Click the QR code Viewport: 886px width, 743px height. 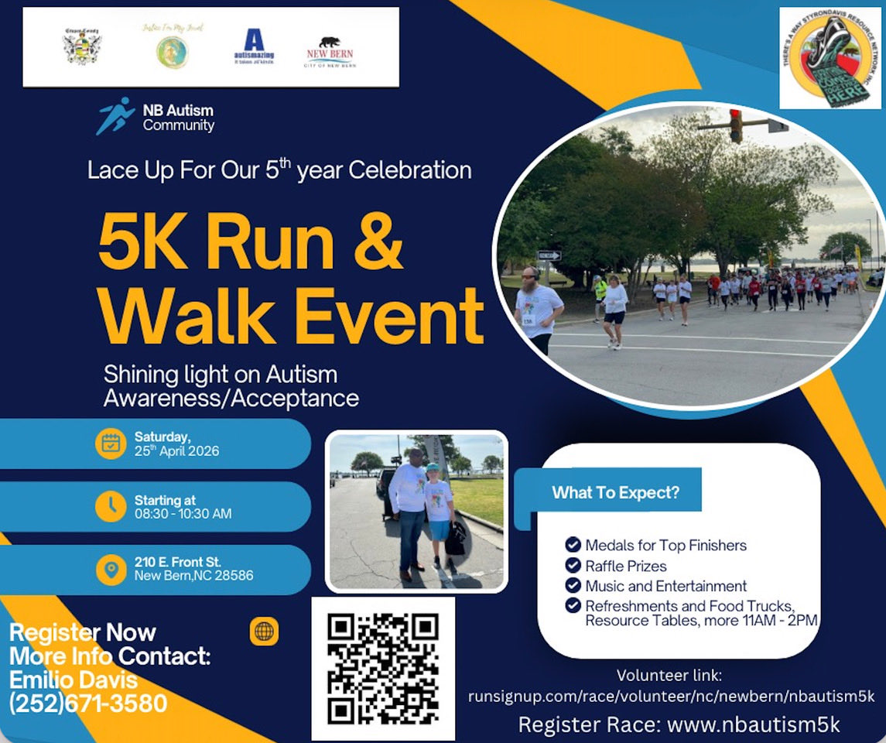tap(383, 668)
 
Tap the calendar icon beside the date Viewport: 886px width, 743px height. tap(111, 443)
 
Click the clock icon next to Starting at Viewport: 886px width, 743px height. tap(111, 507)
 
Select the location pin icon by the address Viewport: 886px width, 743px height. tap(111, 570)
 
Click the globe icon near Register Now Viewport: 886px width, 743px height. tap(264, 632)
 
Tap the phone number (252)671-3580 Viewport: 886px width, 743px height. tap(88, 703)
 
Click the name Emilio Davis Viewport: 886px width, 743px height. tap(74, 680)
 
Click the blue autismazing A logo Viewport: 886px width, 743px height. tap(254, 45)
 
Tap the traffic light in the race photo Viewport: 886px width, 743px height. tap(735, 125)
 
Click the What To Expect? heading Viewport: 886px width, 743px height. tap(615, 492)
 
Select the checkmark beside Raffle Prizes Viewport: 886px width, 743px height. tap(573, 565)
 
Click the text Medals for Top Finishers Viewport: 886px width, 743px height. tap(665, 545)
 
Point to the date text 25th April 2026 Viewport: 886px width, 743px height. tap(176, 450)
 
